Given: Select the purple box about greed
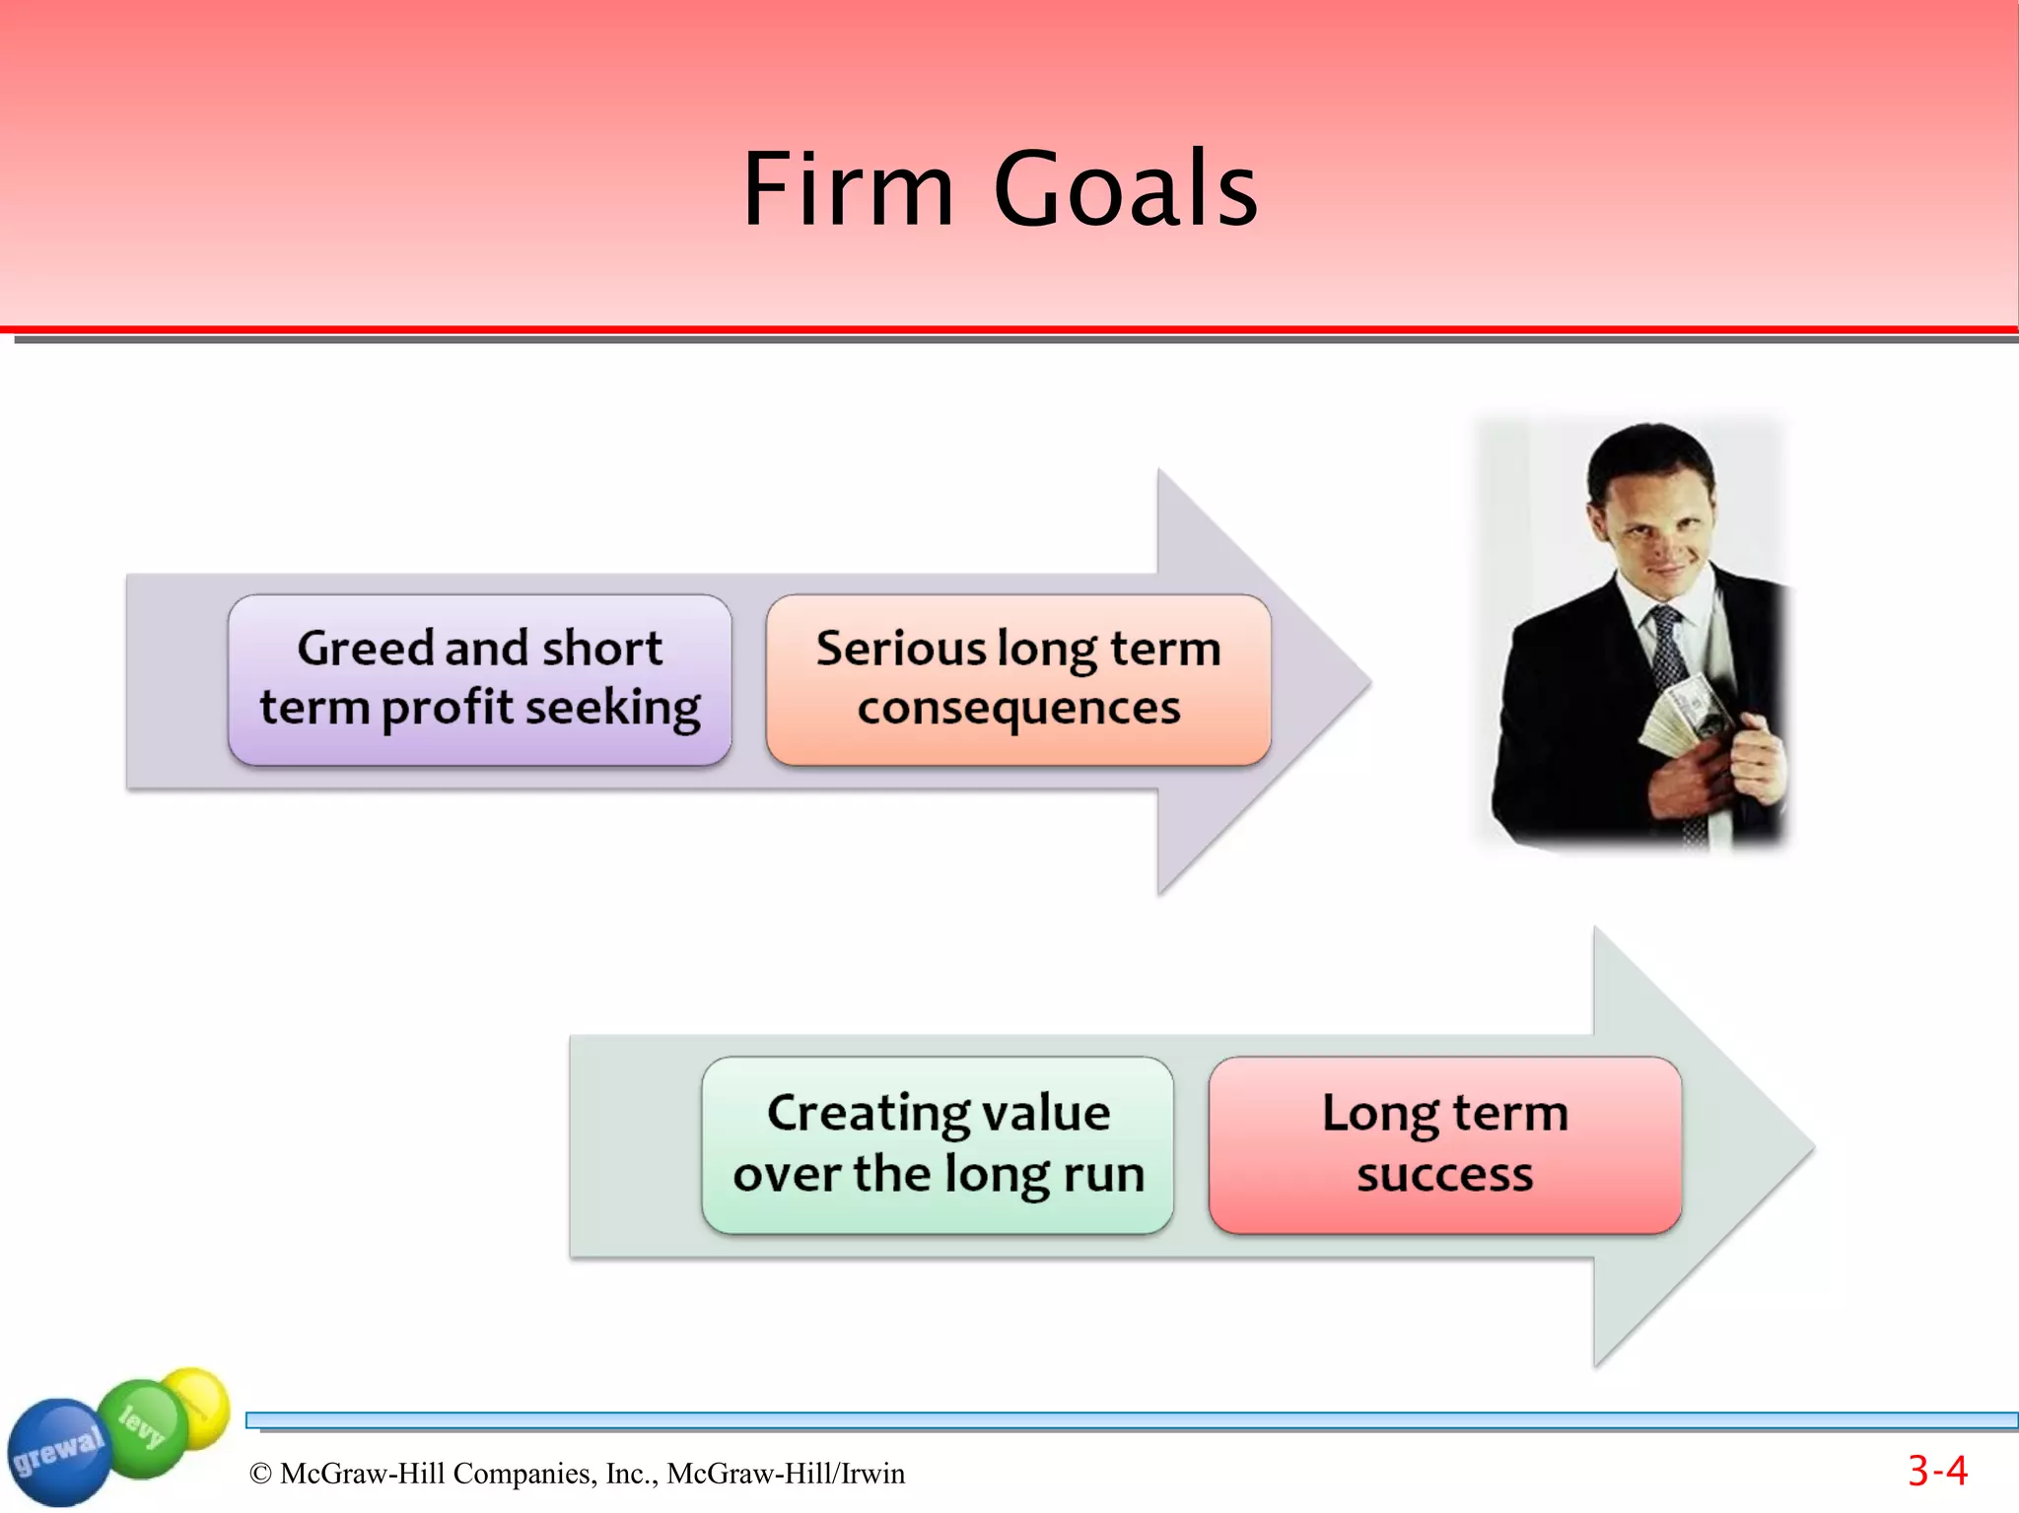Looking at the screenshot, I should (479, 679).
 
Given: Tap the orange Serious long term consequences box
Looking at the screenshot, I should (1018, 679).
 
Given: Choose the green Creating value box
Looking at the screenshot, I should (938, 1144).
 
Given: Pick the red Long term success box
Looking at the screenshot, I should (1445, 1144).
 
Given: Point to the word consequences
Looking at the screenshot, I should (1018, 709).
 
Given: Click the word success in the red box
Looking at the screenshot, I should (1445, 1175).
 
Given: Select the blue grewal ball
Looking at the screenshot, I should (57, 1452).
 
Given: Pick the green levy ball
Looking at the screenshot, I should (143, 1424).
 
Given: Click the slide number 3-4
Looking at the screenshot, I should (1937, 1472).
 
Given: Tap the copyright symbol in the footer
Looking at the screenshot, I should (260, 1474).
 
